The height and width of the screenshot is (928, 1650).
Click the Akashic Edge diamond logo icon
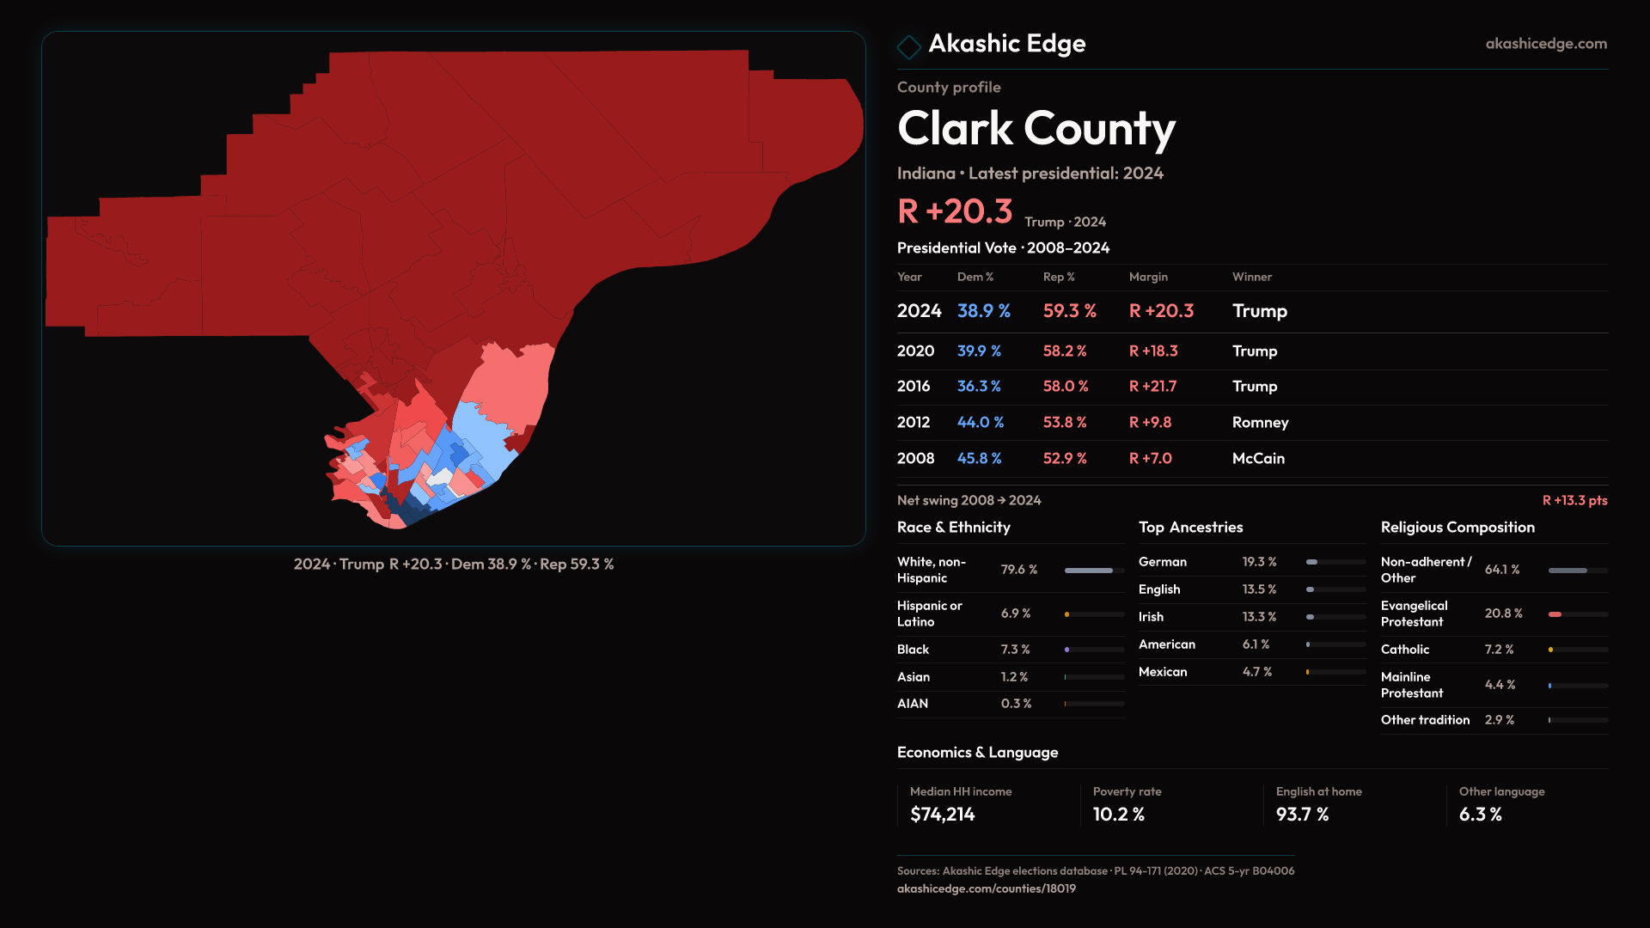click(x=908, y=46)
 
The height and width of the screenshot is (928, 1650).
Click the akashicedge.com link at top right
click(x=1545, y=44)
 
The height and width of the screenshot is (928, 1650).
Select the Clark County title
click(x=1036, y=129)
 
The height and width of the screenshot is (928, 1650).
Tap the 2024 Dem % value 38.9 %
click(x=983, y=311)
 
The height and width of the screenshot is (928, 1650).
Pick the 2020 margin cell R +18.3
click(x=1152, y=351)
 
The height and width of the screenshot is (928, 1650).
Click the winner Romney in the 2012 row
click(x=1260, y=423)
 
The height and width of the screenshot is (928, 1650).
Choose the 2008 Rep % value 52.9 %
click(x=1064, y=459)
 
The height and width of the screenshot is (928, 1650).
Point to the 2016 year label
click(x=913, y=387)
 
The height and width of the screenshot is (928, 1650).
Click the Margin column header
click(x=1148, y=277)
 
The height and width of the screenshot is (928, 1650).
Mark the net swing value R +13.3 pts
click(x=1574, y=500)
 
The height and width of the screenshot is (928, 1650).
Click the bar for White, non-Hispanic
click(x=1093, y=571)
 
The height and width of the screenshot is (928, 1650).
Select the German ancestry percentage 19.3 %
click(x=1259, y=562)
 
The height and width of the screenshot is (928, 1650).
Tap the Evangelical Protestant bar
click(x=1577, y=614)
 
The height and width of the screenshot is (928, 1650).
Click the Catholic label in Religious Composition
click(x=1404, y=650)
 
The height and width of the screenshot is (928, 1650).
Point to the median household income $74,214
click(x=942, y=815)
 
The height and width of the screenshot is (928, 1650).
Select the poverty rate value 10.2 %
click(x=1118, y=815)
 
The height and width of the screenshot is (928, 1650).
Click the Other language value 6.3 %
click(x=1480, y=815)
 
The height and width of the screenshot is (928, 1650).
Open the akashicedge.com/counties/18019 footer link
click(x=986, y=888)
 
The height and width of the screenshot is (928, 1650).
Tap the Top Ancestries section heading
click(x=1190, y=528)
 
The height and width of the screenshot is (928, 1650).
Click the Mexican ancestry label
click(x=1162, y=672)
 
